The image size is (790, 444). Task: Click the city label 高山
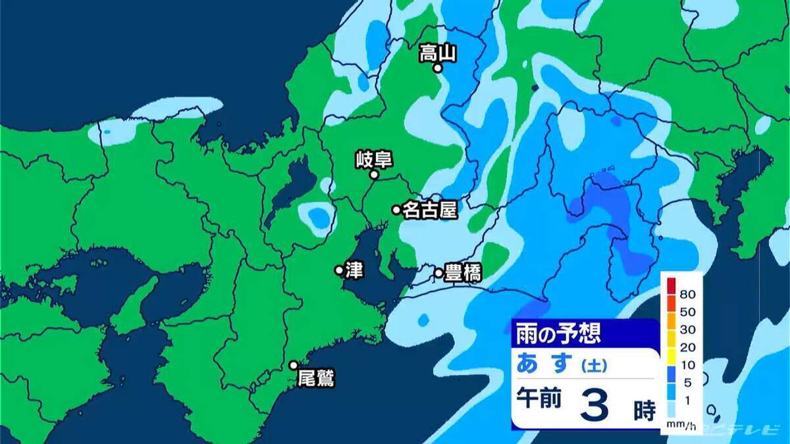click(x=438, y=53)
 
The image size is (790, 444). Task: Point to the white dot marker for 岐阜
click(x=373, y=175)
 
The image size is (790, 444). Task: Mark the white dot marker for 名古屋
click(x=396, y=210)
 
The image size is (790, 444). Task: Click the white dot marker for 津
click(x=339, y=270)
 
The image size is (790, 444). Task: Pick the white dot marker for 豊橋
click(x=438, y=272)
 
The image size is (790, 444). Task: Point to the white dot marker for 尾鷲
click(x=294, y=365)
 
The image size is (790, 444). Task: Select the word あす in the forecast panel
click(x=544, y=362)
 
